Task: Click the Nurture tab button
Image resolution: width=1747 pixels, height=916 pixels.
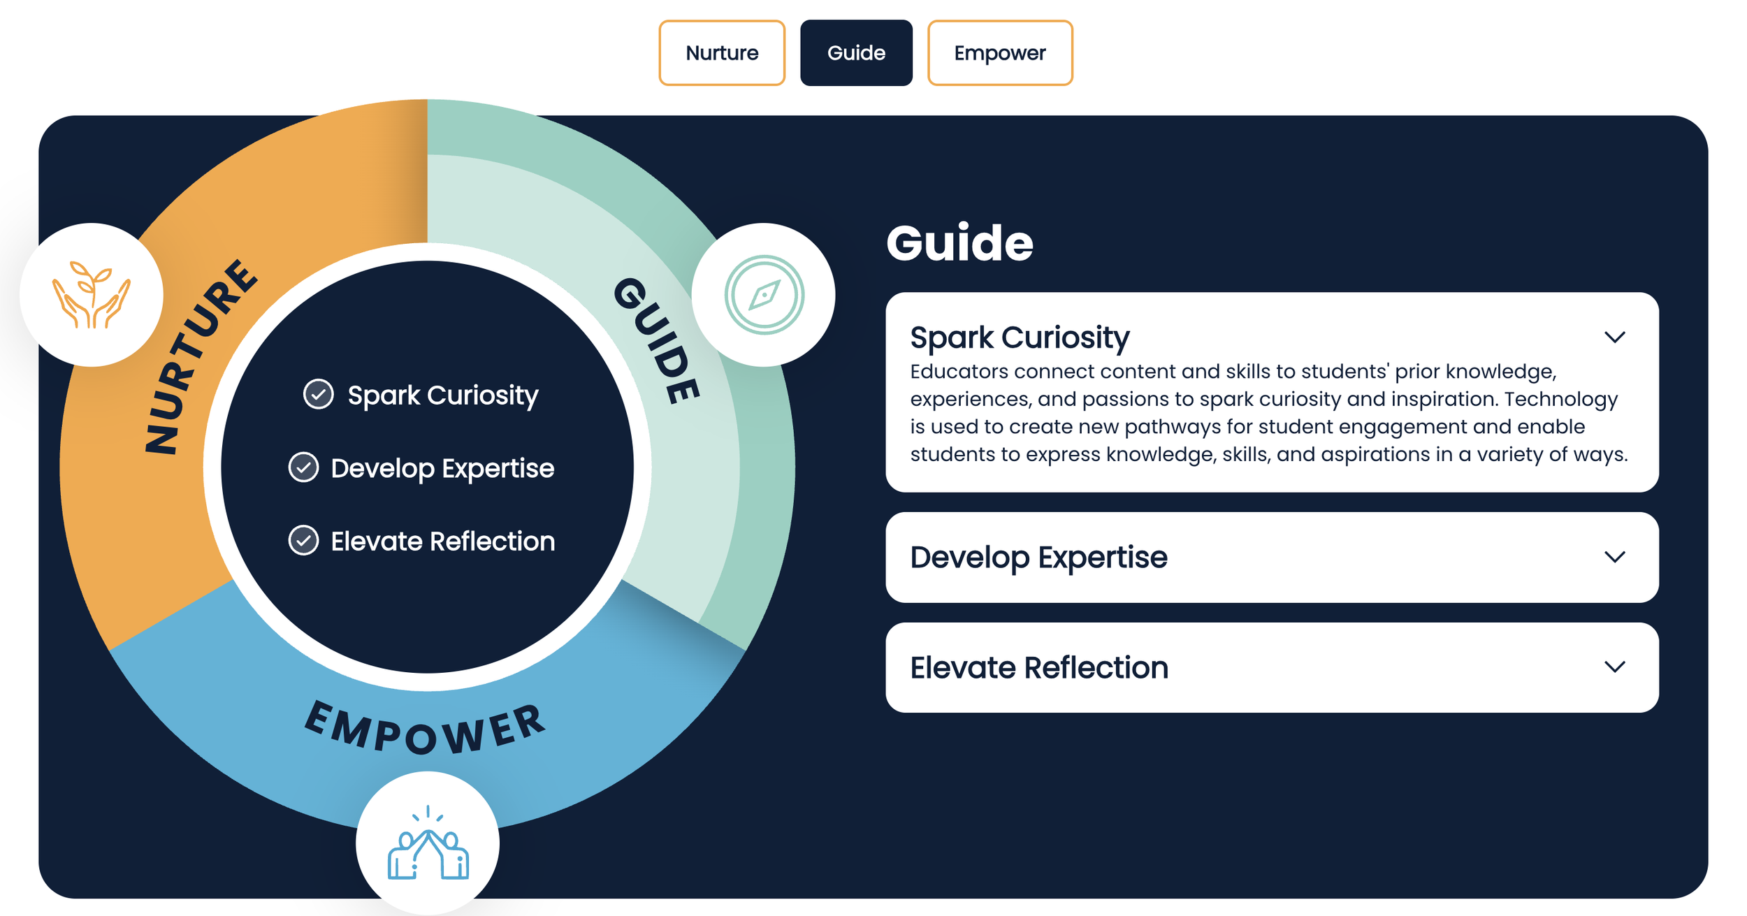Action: point(721,53)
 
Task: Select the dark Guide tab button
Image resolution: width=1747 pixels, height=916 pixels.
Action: point(856,53)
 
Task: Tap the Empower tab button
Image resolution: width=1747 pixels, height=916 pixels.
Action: point(999,53)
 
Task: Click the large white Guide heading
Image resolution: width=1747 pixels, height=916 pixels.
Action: point(959,243)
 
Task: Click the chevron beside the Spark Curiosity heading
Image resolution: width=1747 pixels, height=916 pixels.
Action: point(1614,337)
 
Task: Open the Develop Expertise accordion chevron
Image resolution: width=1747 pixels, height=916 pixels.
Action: point(1614,557)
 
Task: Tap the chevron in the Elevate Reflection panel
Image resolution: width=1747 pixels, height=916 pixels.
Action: point(1614,667)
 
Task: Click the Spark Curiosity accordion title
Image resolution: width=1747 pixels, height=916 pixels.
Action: point(1020,337)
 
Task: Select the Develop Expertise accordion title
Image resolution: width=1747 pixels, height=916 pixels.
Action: point(1038,558)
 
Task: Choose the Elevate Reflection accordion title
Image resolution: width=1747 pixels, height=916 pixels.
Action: point(1039,668)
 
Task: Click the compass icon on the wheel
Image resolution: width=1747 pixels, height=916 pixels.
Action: point(764,295)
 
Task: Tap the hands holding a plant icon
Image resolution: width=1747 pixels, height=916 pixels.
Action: point(92,295)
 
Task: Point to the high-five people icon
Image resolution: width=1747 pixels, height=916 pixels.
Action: point(428,843)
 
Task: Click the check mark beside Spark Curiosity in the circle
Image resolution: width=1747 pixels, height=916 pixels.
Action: point(318,394)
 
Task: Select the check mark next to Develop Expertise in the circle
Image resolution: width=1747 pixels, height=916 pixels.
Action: point(303,467)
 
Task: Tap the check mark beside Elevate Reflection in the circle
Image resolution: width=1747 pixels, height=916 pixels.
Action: point(303,540)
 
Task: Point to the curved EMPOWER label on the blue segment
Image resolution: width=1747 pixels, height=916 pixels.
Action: point(424,731)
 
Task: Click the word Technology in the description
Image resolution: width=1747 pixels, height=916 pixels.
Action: point(1560,399)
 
